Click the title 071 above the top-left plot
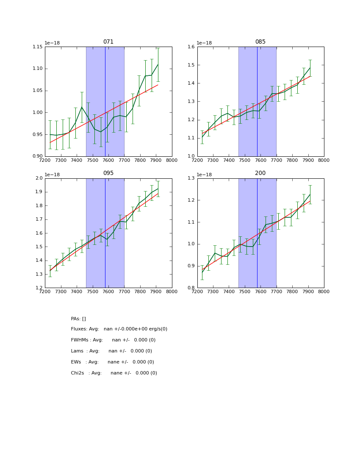[x=108, y=42]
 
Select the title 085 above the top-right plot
[x=260, y=42]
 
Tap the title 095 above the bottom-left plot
[x=108, y=173]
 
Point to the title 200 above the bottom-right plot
[x=260, y=173]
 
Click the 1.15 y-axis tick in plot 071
[x=37, y=47]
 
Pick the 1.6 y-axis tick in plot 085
[x=191, y=47]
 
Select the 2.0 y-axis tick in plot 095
[x=39, y=178]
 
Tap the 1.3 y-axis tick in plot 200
[x=191, y=178]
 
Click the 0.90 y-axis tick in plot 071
[x=37, y=156]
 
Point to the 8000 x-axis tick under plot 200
[x=324, y=291]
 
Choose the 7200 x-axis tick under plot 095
[x=45, y=291]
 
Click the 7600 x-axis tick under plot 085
[x=260, y=160]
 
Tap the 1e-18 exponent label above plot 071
[x=52, y=43]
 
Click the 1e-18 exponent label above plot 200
[x=205, y=175]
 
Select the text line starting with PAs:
[x=78, y=319]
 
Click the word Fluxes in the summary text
[x=79, y=329]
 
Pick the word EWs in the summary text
[x=76, y=362]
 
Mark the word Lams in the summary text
[x=77, y=351]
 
